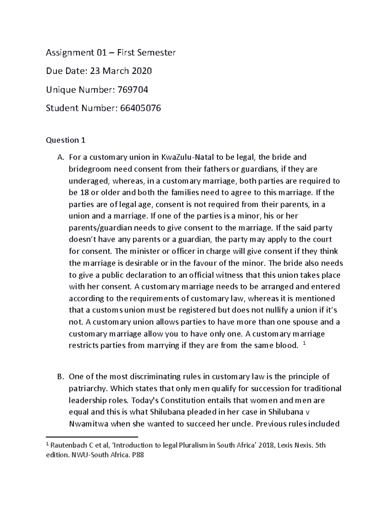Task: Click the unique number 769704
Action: point(132,89)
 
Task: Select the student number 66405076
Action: point(140,108)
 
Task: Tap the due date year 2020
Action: point(141,71)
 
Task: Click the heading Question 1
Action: point(66,140)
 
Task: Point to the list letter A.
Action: point(60,157)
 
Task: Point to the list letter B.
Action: point(60,377)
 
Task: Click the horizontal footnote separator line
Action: point(92,437)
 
